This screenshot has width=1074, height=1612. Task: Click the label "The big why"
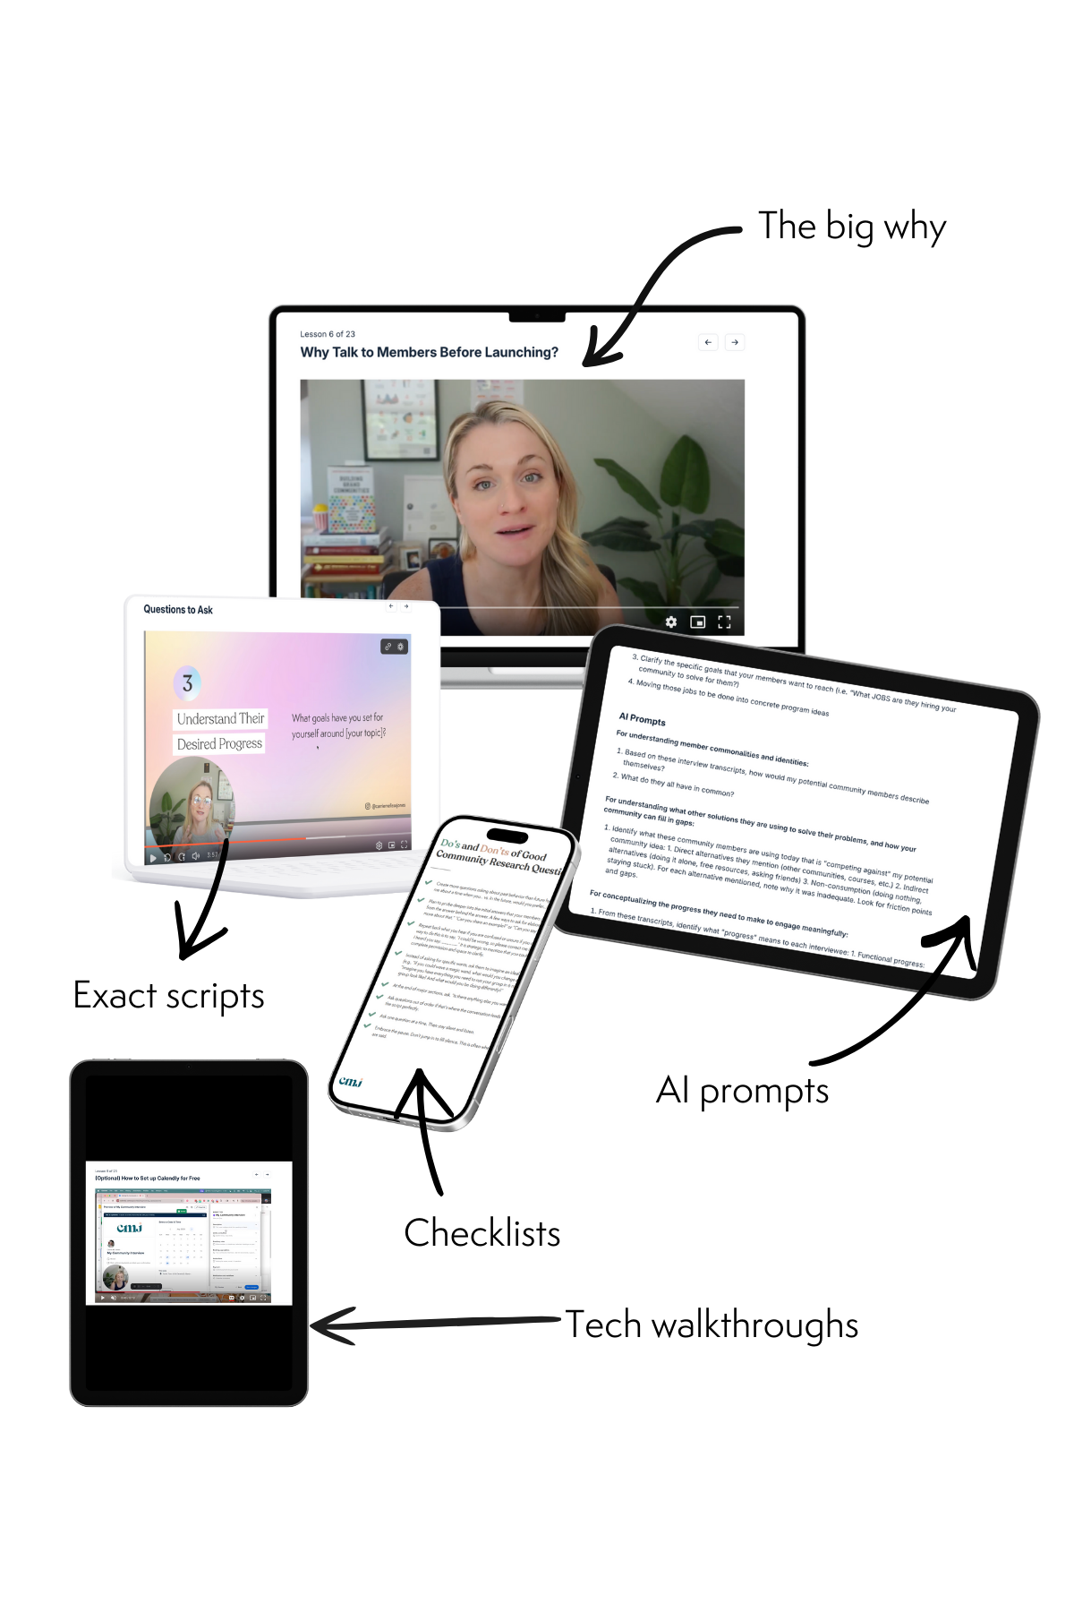(x=851, y=227)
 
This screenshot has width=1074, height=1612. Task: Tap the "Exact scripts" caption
(x=168, y=996)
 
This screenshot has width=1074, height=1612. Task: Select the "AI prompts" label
(x=742, y=1091)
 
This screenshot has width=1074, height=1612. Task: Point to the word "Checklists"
(x=482, y=1233)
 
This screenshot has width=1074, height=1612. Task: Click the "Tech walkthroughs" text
(x=712, y=1325)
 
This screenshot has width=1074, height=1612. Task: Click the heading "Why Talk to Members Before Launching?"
(x=429, y=352)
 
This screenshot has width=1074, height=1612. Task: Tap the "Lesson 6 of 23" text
(x=328, y=334)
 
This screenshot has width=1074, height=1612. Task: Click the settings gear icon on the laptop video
(x=671, y=622)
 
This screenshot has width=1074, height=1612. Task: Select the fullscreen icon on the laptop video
(x=724, y=622)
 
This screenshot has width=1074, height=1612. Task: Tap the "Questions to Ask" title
(x=178, y=610)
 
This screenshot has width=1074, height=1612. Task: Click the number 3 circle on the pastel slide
(x=187, y=683)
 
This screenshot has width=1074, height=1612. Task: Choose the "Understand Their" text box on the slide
(x=220, y=718)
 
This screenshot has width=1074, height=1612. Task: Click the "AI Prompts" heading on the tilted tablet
(x=642, y=719)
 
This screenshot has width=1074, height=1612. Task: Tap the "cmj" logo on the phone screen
(x=350, y=1082)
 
